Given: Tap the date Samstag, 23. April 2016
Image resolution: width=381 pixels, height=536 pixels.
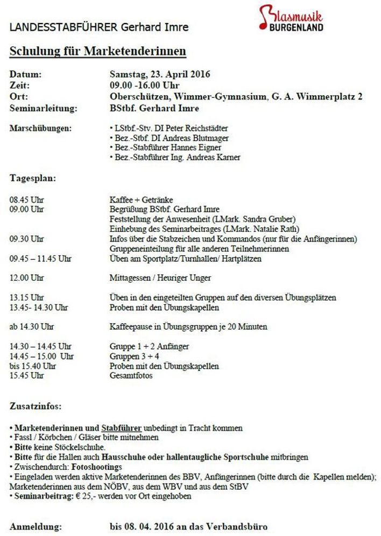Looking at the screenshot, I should pos(159,74).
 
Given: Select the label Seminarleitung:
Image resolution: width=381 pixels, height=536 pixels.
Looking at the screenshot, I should pos(44,108).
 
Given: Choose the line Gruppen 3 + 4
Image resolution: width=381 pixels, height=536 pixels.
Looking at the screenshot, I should pos(134,356).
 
